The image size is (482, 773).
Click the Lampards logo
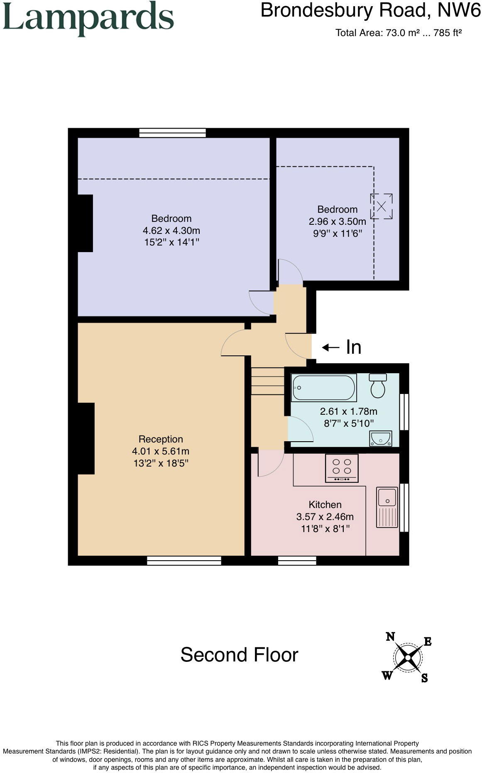click(x=88, y=18)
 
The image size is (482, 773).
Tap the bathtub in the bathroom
click(x=324, y=388)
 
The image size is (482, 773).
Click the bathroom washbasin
click(x=380, y=438)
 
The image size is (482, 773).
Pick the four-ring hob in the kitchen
click(x=342, y=468)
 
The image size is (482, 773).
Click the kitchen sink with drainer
click(x=387, y=507)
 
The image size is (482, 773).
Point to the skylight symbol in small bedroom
click(x=381, y=206)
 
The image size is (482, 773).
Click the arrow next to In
click(x=331, y=347)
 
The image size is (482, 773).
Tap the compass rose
click(x=408, y=657)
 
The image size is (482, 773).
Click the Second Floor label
click(x=239, y=655)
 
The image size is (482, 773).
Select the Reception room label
click(x=161, y=439)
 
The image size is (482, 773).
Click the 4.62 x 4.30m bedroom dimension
click(x=171, y=231)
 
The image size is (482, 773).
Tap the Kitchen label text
click(x=325, y=505)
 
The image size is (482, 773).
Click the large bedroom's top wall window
click(x=172, y=133)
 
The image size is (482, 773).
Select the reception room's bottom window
click(x=184, y=561)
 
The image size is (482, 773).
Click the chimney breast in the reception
click(x=86, y=438)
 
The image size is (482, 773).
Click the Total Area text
click(x=399, y=33)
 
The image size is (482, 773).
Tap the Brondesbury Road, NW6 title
click(x=370, y=10)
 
